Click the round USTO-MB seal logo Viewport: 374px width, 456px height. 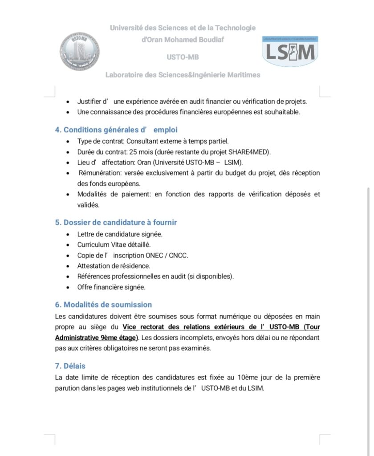point(80,51)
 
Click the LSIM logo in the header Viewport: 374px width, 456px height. point(290,52)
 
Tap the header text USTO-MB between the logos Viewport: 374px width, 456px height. point(183,57)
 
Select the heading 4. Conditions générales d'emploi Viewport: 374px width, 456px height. point(116,130)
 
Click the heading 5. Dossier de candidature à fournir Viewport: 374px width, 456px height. point(116,222)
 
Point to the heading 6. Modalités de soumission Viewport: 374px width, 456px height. point(103,305)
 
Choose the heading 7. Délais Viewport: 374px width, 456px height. point(70,366)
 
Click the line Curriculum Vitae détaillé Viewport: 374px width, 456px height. point(114,244)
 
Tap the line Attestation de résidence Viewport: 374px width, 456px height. point(114,266)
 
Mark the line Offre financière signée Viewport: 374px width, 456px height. point(111,287)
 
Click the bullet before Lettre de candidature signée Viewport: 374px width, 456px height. point(67,234)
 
